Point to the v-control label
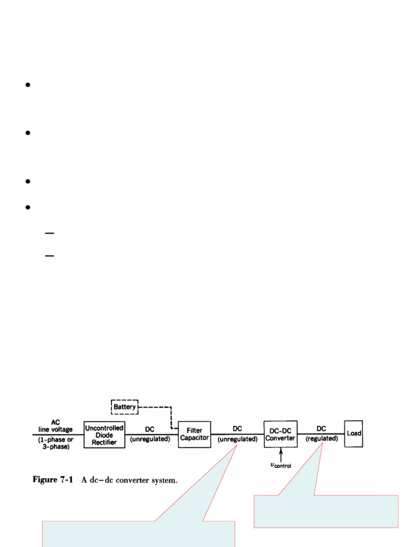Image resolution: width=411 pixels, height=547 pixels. (281, 465)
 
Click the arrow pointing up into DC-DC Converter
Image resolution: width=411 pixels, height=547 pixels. (280, 455)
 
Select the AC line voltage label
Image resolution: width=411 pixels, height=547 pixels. (56, 426)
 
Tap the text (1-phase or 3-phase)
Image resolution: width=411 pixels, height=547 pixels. (56, 443)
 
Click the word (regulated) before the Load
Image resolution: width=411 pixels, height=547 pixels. (322, 439)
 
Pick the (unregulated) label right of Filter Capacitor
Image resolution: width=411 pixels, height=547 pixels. (238, 439)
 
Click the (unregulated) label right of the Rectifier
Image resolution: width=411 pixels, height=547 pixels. (150, 439)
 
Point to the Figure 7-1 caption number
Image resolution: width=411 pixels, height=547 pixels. (53, 480)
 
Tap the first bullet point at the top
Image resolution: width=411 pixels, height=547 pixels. (28, 85)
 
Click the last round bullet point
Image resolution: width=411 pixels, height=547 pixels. (28, 207)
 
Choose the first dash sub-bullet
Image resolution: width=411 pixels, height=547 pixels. (50, 233)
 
